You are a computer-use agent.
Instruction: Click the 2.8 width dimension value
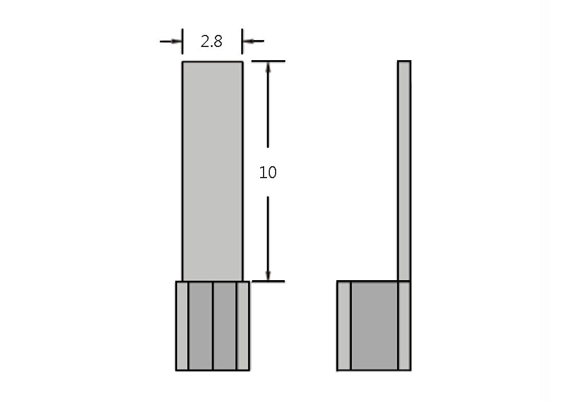click(211, 41)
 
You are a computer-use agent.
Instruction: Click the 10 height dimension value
click(268, 172)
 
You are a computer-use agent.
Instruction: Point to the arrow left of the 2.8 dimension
click(171, 41)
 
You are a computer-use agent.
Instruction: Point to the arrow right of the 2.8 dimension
click(253, 41)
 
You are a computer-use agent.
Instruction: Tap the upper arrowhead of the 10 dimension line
click(268, 67)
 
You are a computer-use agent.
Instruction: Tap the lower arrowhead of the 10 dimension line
click(268, 276)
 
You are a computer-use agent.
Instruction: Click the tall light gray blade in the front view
click(213, 171)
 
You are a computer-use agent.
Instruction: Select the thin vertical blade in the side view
click(404, 171)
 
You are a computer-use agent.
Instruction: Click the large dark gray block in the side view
click(375, 326)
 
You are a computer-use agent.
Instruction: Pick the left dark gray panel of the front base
click(201, 326)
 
